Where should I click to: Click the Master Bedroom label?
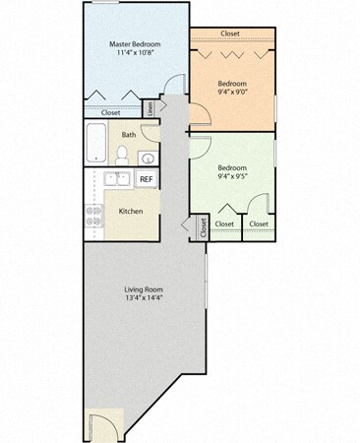pos(135,45)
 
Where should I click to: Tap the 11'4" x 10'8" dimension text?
pos(135,56)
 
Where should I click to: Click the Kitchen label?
pos(132,211)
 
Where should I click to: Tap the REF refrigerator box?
pos(146,179)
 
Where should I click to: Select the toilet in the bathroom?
pos(123,154)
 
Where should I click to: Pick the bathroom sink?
pos(145,157)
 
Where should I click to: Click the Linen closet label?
pos(150,107)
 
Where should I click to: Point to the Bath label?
pos(129,135)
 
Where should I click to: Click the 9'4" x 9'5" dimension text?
pos(232,178)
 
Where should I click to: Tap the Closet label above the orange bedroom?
pos(230,33)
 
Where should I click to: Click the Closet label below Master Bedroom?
pos(110,112)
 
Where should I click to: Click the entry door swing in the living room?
pos(100,427)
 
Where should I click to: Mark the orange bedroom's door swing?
pos(197,111)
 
